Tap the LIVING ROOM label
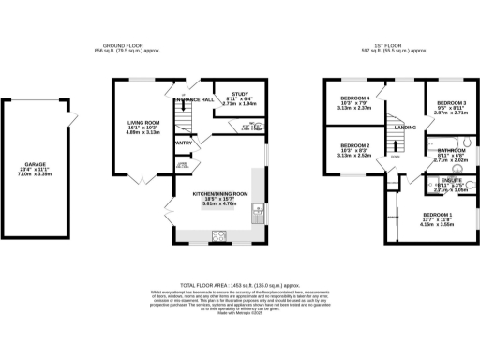(144, 123)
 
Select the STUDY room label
(239, 94)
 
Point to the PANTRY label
(184, 142)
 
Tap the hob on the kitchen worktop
(221, 236)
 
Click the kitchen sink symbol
(255, 217)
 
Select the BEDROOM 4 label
(353, 97)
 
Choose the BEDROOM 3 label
(452, 102)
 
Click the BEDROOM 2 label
(353, 145)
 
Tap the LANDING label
(404, 127)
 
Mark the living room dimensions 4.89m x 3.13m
(144, 134)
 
